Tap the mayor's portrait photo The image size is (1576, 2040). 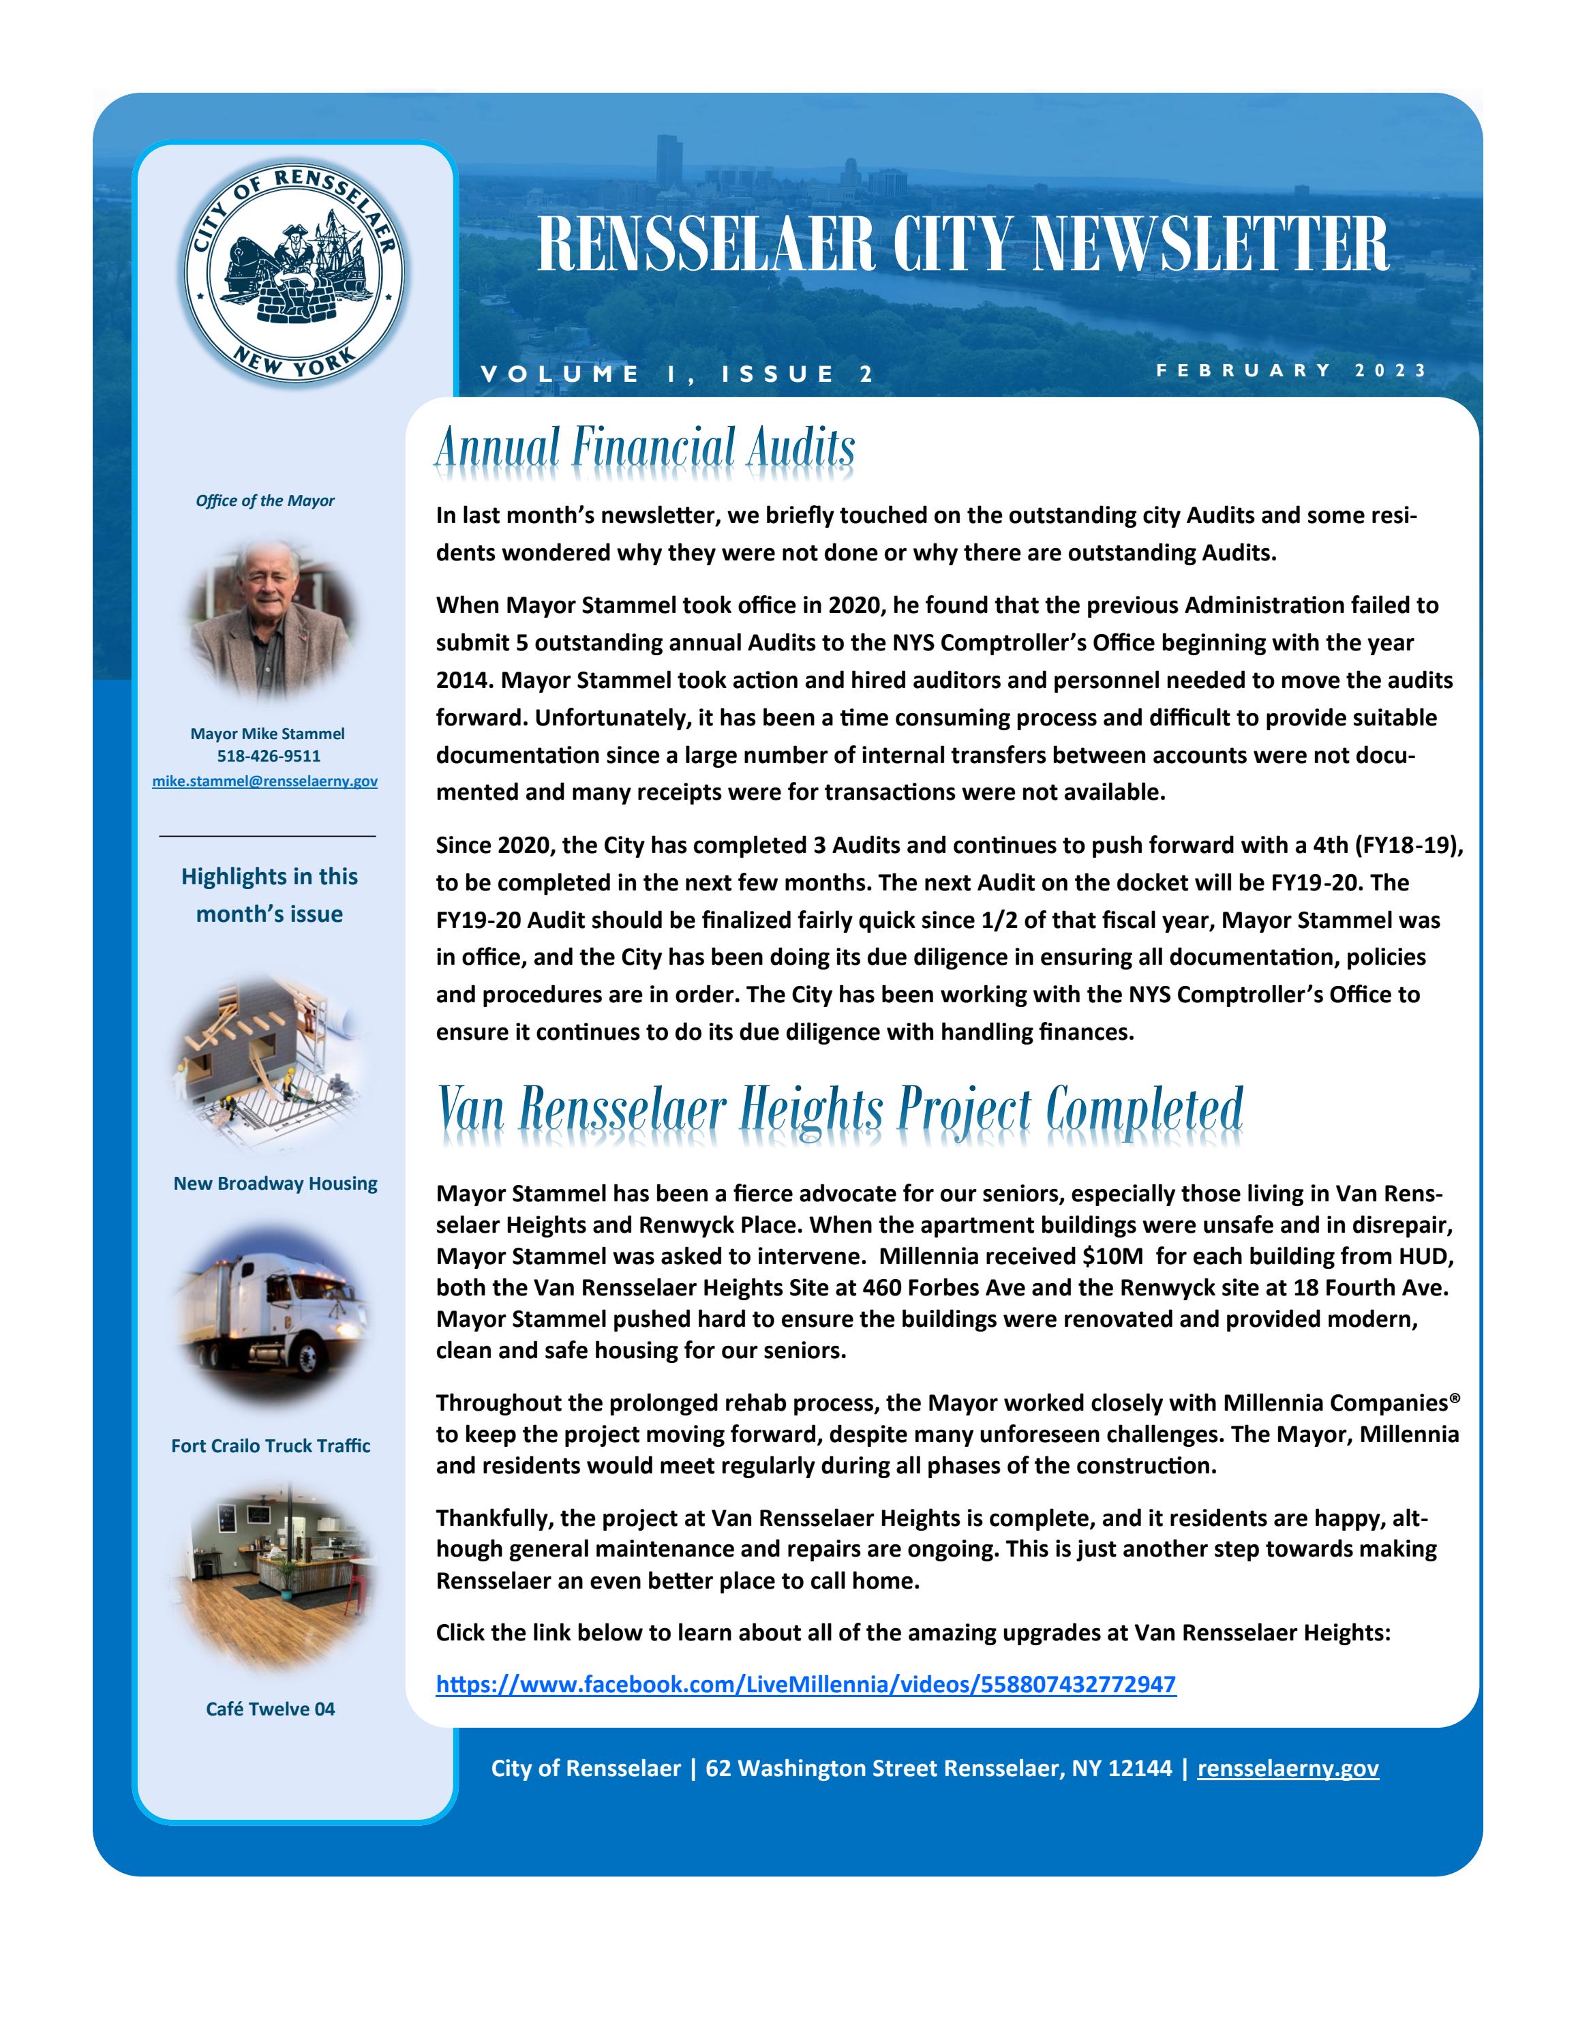pos(271,618)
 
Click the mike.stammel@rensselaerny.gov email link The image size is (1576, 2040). pos(265,781)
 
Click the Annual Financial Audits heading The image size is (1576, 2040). pos(644,449)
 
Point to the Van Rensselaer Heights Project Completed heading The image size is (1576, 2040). pos(840,1110)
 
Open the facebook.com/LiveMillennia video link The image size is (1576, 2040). pos(806,1685)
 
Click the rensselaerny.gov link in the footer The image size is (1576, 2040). pos(1288,1768)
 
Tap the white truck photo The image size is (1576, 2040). pos(271,1315)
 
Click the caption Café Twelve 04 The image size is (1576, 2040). pos(271,1709)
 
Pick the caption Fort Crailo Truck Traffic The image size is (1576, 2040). pos(271,1446)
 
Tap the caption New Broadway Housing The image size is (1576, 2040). pos(275,1184)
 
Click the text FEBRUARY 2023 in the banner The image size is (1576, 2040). pos(1291,370)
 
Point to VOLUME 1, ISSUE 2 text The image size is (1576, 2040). pos(677,374)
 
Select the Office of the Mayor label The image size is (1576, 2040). pos(265,500)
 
